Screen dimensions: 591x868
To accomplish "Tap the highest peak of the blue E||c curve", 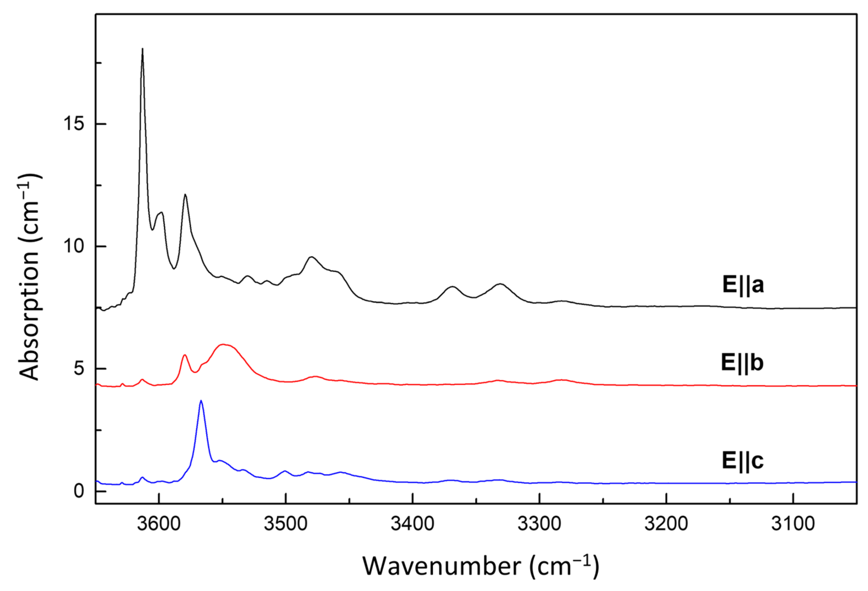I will click(x=201, y=401).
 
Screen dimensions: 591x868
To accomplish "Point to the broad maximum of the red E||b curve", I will click(x=223, y=344).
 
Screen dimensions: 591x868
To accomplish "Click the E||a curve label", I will click(x=743, y=285).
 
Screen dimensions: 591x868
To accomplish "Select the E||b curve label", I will click(x=742, y=363).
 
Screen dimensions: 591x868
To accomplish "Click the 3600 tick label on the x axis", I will click(x=159, y=524).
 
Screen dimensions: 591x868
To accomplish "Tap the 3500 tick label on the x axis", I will click(x=286, y=524).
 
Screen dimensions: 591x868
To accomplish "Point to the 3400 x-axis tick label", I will click(x=412, y=524).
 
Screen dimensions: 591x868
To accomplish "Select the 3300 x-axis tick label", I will click(x=539, y=524).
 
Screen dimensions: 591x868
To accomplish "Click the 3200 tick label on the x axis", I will click(x=666, y=524).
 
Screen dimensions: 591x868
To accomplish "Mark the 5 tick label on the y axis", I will click(x=79, y=369).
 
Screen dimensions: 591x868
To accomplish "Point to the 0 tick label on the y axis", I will click(x=79, y=491).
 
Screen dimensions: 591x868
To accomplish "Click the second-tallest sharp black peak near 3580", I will click(x=185, y=195).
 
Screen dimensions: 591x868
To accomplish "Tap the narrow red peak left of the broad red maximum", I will click(x=185, y=355).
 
